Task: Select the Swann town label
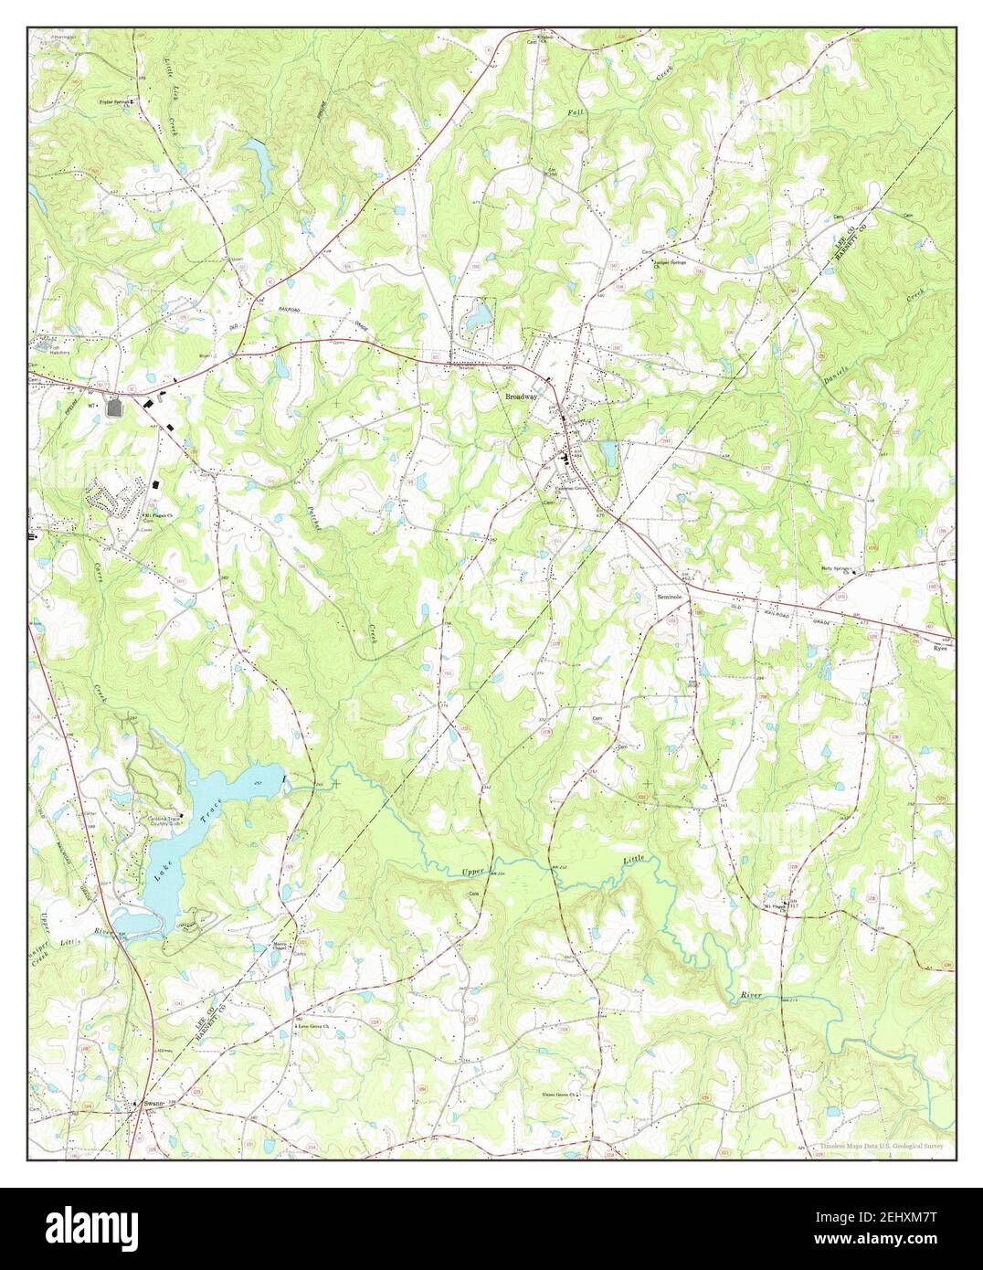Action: [153, 1104]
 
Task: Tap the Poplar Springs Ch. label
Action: [113, 101]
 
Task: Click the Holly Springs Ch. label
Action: [836, 567]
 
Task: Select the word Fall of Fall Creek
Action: [573, 111]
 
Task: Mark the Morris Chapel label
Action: [273, 947]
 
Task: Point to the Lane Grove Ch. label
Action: [313, 1026]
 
